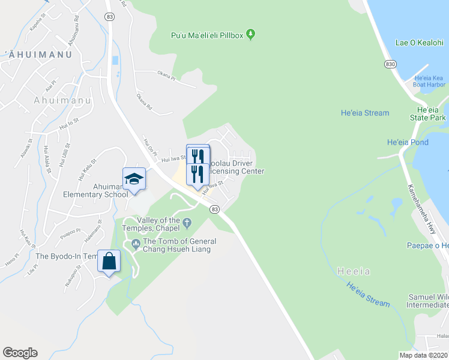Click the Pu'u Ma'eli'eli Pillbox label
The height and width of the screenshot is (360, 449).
pos(207,35)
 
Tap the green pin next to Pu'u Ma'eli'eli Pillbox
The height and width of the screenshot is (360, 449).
pos(252,34)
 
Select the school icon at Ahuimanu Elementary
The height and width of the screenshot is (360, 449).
pos(134,179)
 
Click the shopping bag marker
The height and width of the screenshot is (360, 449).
pos(109,262)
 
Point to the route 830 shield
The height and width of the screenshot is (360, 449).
pos(391,64)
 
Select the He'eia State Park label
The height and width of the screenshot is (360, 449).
pos(433,114)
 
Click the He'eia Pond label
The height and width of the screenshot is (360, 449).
pos(408,142)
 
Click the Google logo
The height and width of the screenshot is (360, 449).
pos(20,353)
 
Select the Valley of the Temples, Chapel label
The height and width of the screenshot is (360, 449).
pos(154,224)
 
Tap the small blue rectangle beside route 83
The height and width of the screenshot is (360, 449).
pos(115,61)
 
